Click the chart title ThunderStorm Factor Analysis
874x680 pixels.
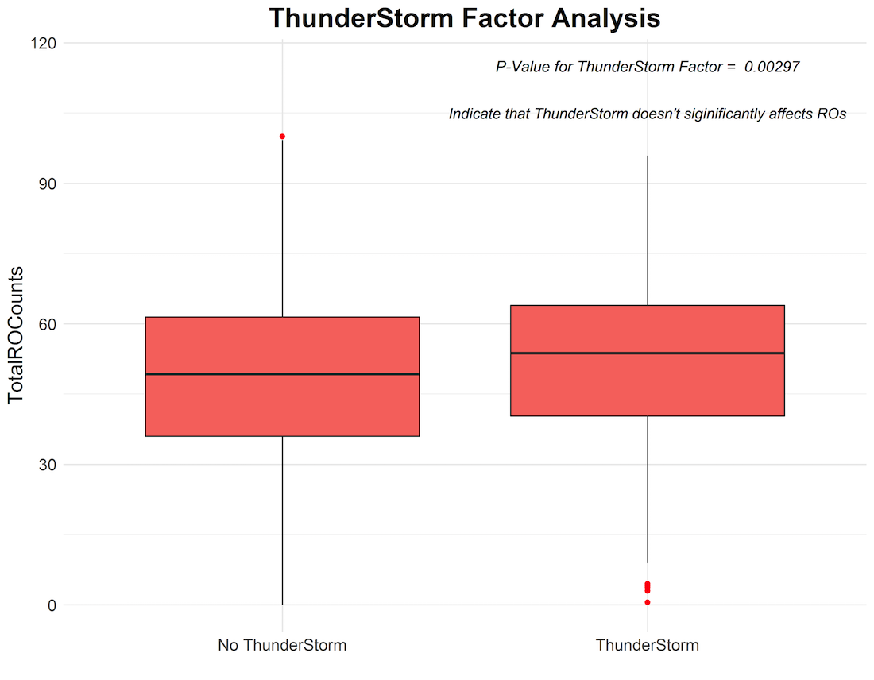[x=464, y=17]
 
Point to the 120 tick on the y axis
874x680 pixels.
[x=44, y=44]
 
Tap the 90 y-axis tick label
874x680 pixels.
[x=48, y=184]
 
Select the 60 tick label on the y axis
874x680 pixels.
[x=48, y=324]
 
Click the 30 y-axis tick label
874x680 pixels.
[x=48, y=465]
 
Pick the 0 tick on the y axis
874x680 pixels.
[x=52, y=605]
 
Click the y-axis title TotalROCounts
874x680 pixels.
[x=16, y=334]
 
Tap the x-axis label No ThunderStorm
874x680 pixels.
[x=282, y=645]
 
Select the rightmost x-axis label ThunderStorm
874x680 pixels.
[x=647, y=645]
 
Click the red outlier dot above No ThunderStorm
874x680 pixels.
[x=283, y=137]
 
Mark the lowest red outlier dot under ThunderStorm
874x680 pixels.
[x=647, y=602]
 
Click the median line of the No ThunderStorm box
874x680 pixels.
[x=282, y=374]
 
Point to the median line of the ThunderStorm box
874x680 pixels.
[x=647, y=353]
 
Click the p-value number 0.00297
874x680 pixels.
[x=772, y=67]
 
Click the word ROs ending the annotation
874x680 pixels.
[x=832, y=114]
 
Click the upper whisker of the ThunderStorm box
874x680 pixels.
[x=647, y=230]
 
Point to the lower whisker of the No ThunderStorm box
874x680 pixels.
[x=282, y=520]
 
